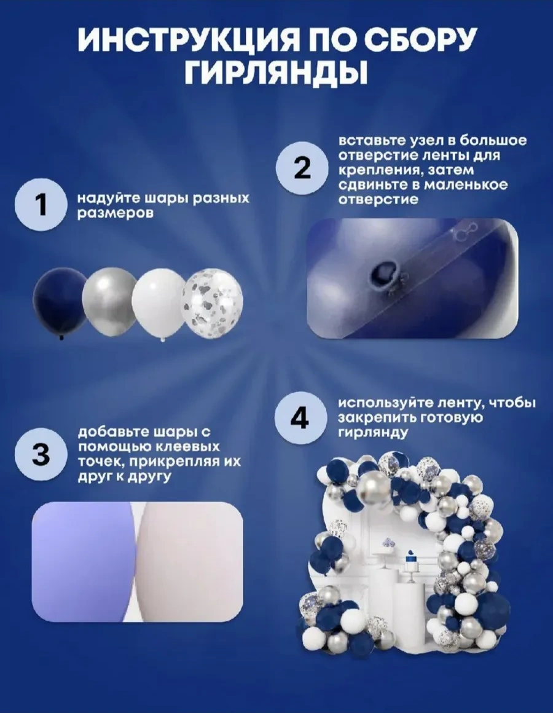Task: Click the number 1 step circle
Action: click(42, 205)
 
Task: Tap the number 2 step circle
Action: click(302, 168)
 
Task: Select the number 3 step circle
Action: click(41, 454)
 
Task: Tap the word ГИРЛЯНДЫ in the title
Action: click(276, 73)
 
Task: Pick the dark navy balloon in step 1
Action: click(59, 302)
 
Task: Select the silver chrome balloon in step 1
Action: click(109, 301)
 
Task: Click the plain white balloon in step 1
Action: click(159, 303)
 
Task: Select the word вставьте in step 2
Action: click(367, 141)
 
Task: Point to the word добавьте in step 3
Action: click(108, 433)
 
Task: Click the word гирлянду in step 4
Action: click(372, 433)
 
